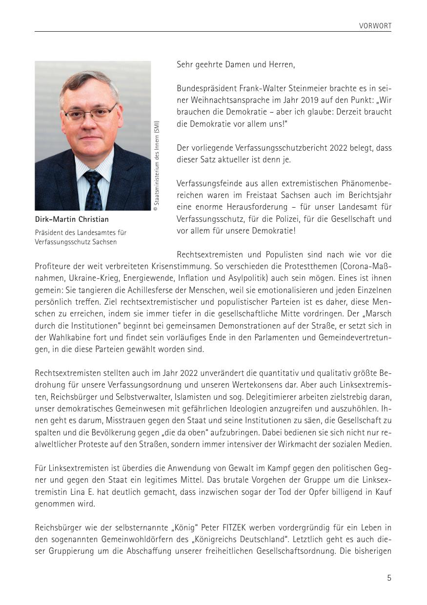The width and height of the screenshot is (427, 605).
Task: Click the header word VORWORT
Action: click(x=375, y=26)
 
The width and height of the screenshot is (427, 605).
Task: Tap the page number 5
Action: click(x=389, y=578)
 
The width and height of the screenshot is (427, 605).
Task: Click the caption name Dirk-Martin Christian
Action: click(x=72, y=219)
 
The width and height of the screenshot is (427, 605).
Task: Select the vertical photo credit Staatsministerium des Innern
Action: click(x=157, y=166)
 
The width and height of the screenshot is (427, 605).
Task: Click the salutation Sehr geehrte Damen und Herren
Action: click(x=236, y=64)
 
